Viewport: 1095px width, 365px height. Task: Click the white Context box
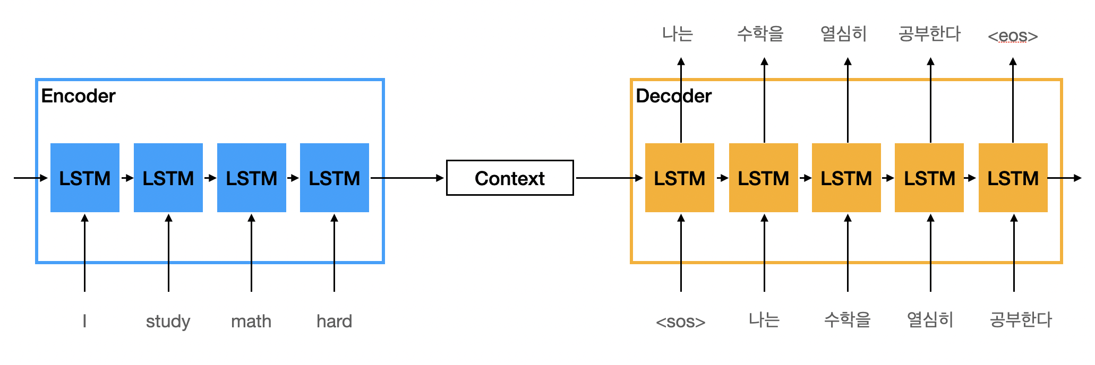(510, 178)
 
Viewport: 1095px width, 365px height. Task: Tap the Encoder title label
(78, 96)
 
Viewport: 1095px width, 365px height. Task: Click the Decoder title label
(673, 96)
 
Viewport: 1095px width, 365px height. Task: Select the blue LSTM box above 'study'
(168, 178)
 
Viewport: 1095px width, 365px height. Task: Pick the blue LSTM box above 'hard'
(335, 178)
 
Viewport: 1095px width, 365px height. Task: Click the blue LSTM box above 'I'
(85, 178)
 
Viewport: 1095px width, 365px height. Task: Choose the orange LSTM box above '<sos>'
(680, 178)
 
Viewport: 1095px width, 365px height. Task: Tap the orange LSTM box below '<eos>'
(1013, 178)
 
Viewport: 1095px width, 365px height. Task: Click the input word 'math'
(251, 321)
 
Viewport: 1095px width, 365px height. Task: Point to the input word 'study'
(168, 321)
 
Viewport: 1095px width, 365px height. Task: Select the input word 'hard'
(334, 321)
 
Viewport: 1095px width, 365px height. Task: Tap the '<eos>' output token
(1013, 36)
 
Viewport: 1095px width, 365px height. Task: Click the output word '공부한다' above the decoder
(929, 34)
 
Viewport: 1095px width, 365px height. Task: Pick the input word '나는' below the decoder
(764, 320)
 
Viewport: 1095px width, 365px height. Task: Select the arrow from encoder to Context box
(407, 178)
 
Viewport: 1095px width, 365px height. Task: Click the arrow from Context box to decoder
(609, 178)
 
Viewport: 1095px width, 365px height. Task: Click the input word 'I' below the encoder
(84, 321)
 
